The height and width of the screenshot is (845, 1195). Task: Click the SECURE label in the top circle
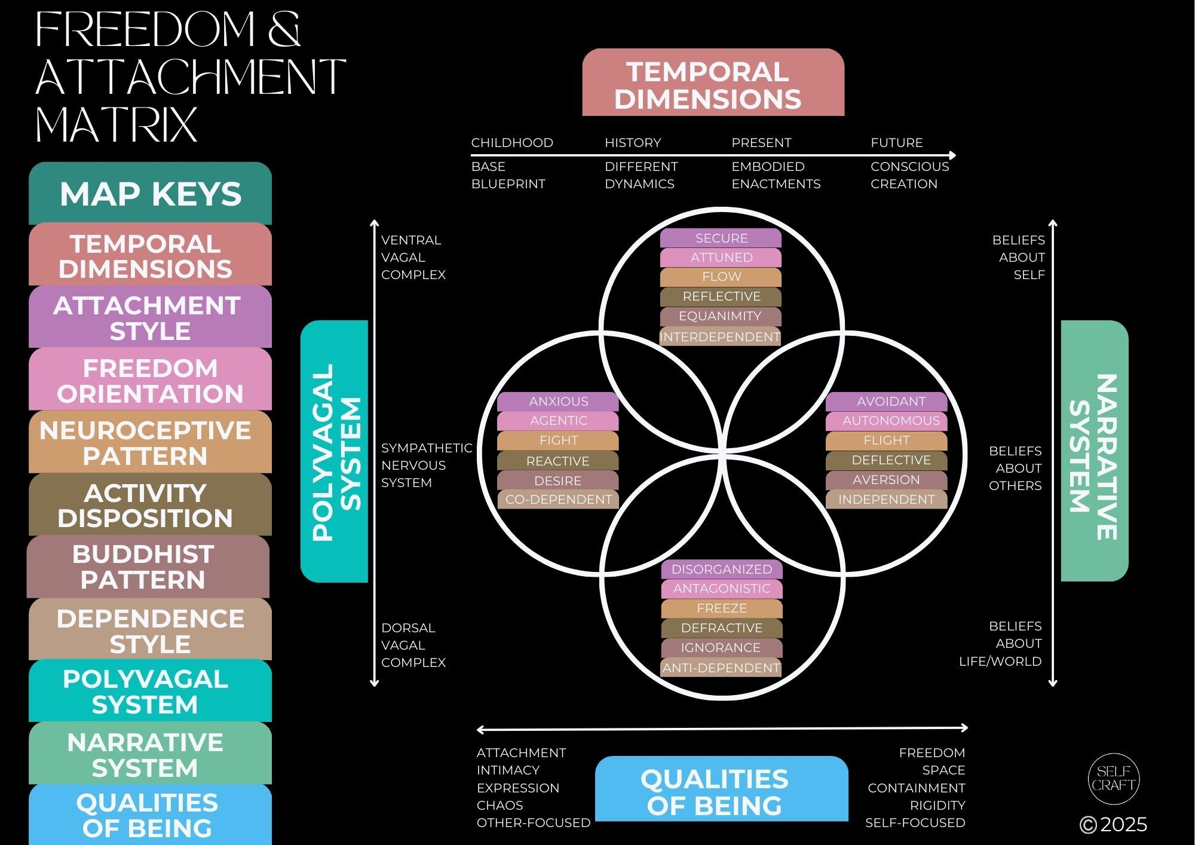pos(721,238)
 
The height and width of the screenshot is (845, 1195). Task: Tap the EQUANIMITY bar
pos(721,316)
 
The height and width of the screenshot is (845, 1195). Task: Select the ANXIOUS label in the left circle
pos(558,402)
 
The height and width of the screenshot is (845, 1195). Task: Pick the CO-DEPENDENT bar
pos(558,500)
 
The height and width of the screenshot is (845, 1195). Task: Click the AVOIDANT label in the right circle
pos(887,402)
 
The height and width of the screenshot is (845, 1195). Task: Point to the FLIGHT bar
pos(887,440)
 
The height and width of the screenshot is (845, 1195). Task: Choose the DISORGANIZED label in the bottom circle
pos(722,570)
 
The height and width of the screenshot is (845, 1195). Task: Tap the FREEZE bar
pos(722,608)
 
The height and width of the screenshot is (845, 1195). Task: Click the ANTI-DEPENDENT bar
pos(722,668)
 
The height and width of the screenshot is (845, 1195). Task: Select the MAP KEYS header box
pos(150,194)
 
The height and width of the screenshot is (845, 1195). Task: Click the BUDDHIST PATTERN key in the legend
pos(148,567)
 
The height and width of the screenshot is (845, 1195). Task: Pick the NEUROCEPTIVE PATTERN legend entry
pos(150,442)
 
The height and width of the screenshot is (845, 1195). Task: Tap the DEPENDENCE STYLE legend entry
pos(150,630)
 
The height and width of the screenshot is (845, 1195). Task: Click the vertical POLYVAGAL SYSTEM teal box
pos(334,451)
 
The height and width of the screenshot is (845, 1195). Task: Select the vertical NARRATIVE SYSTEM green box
pos(1095,451)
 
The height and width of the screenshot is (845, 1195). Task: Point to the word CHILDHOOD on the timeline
pos(512,143)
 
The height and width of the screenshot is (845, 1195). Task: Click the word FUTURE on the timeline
pos(897,143)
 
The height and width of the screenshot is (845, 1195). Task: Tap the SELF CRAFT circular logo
pos(1114,779)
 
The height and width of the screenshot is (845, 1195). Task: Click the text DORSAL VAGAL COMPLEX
pos(413,645)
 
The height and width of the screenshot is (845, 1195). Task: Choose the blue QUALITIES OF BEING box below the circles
pos(722,789)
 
